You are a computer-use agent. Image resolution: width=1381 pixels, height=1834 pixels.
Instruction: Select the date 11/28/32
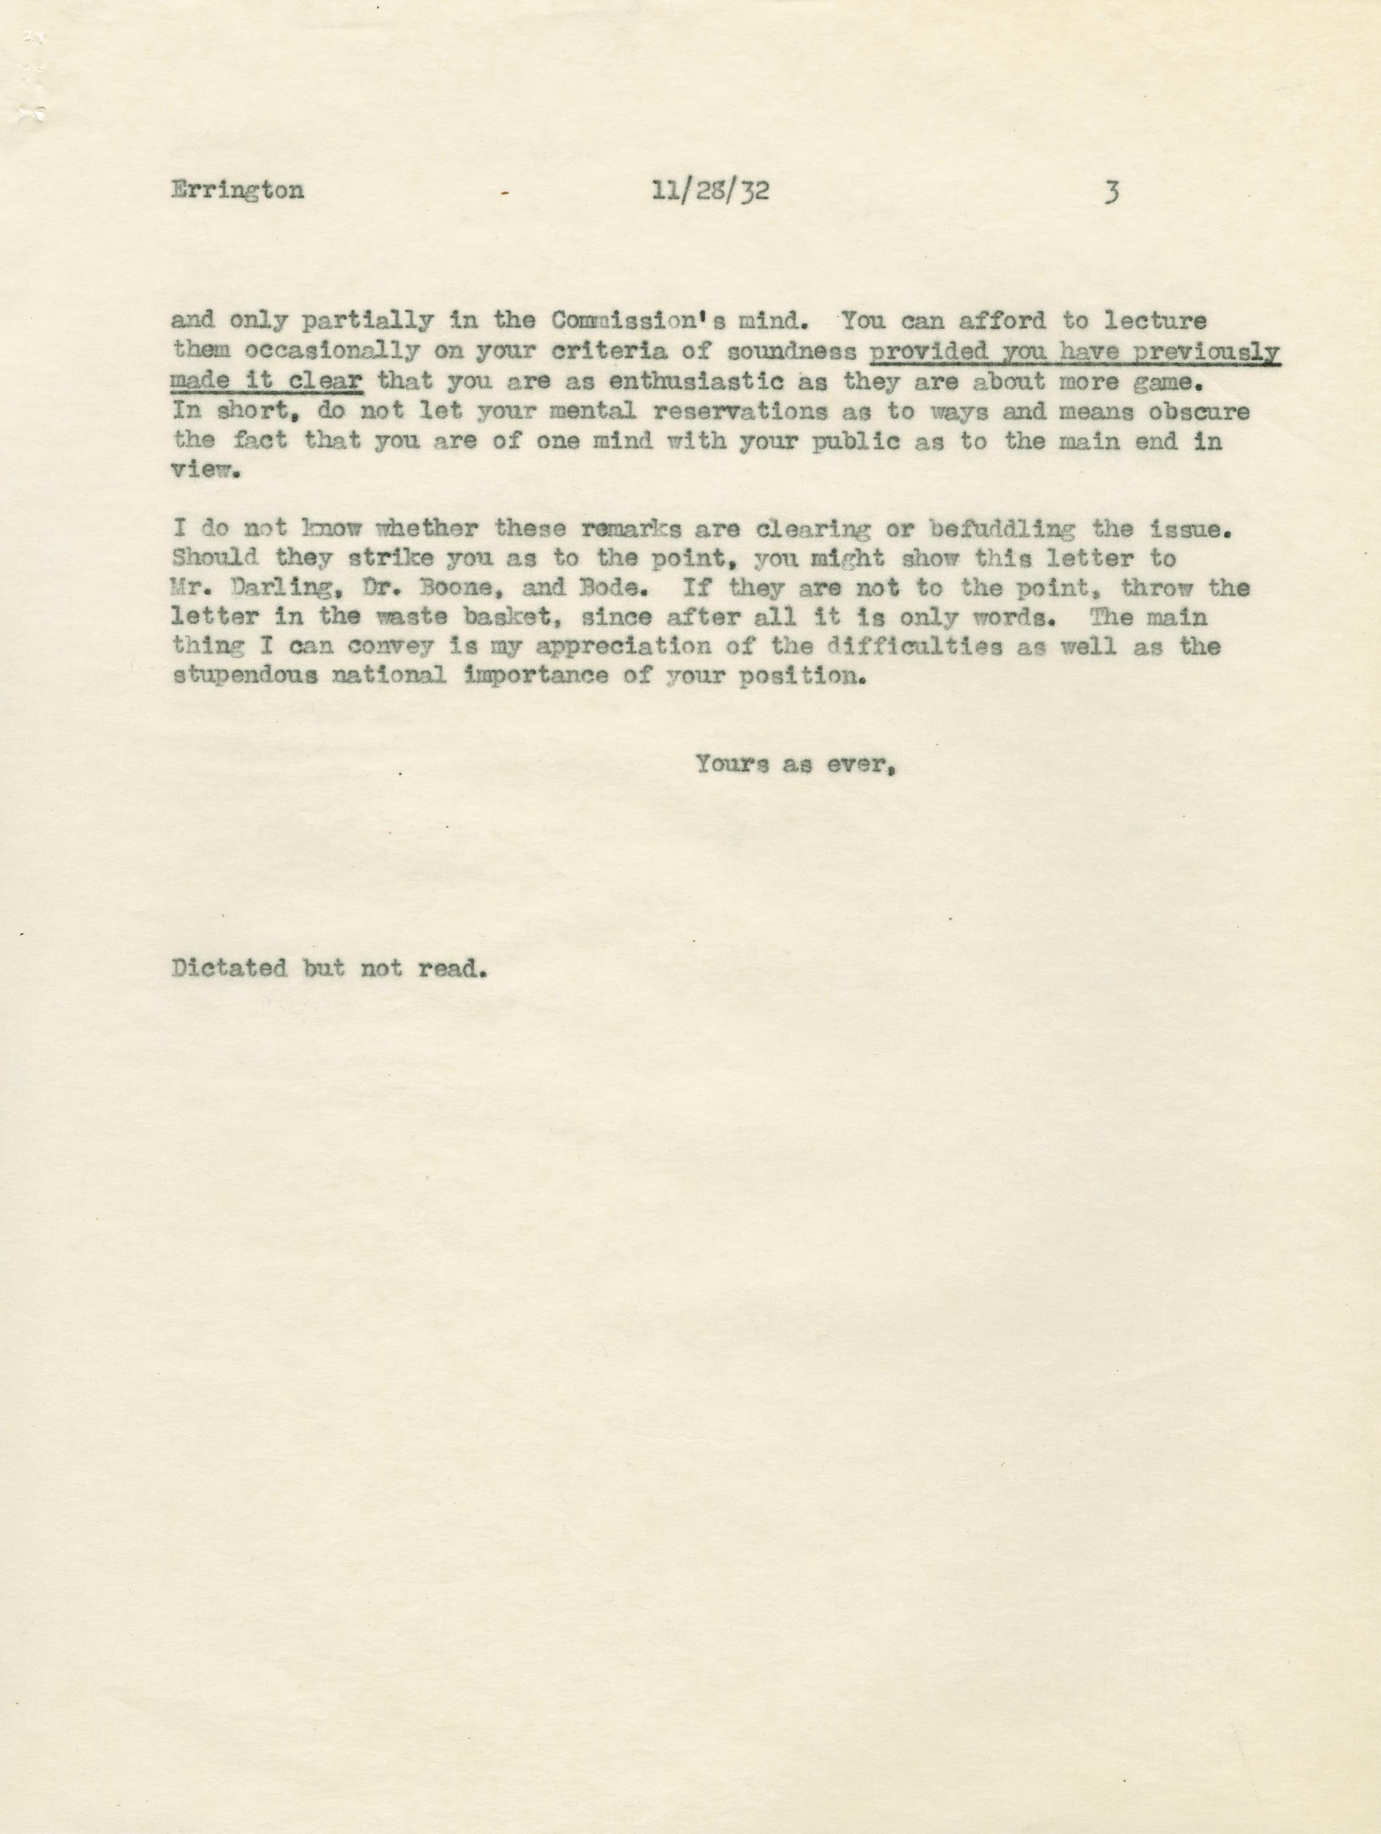[x=711, y=191]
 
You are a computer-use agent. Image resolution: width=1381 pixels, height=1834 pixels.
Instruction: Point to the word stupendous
[x=244, y=676]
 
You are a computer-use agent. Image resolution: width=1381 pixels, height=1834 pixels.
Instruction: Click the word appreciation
[x=592, y=646]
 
